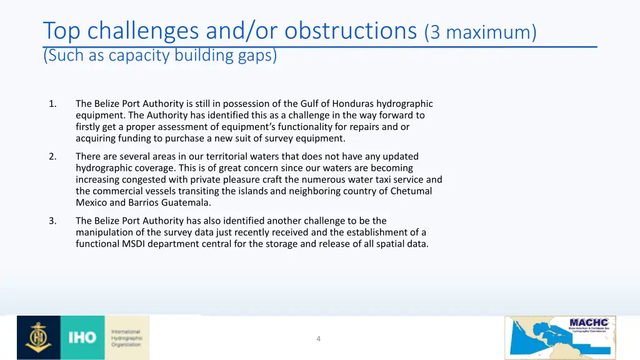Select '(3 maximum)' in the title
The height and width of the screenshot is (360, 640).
(x=480, y=32)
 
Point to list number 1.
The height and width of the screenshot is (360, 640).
(x=52, y=104)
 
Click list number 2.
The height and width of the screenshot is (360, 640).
(x=52, y=156)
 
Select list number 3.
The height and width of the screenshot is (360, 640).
(x=52, y=221)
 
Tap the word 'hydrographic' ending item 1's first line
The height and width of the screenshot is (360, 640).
(x=404, y=104)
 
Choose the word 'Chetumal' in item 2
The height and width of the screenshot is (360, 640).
(x=411, y=191)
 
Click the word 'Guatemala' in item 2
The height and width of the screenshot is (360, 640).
(x=181, y=202)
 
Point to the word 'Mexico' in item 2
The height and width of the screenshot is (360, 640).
(x=91, y=202)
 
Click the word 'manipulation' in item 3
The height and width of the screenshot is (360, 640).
(x=104, y=232)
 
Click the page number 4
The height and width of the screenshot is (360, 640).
(x=318, y=339)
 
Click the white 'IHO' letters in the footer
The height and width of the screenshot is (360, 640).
(x=82, y=338)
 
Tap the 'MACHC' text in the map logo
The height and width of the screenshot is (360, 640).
(x=588, y=323)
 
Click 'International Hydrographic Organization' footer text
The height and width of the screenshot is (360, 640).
(x=126, y=338)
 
